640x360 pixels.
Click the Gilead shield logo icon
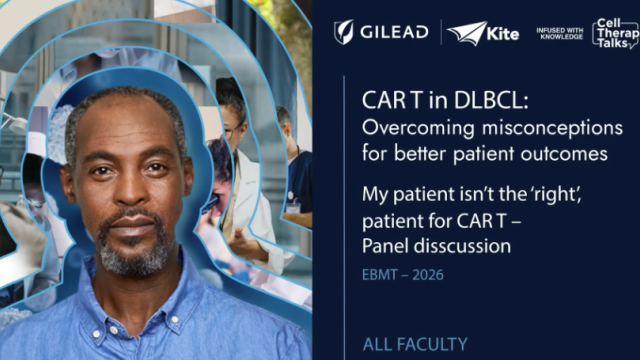(343, 32)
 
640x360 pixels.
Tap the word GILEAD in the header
(394, 32)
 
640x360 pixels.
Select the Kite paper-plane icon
(466, 33)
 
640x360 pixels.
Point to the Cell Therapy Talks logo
(615, 33)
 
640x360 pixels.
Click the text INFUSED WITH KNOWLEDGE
(559, 33)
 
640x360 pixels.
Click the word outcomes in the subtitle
(571, 154)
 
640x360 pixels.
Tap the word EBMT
(379, 275)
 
